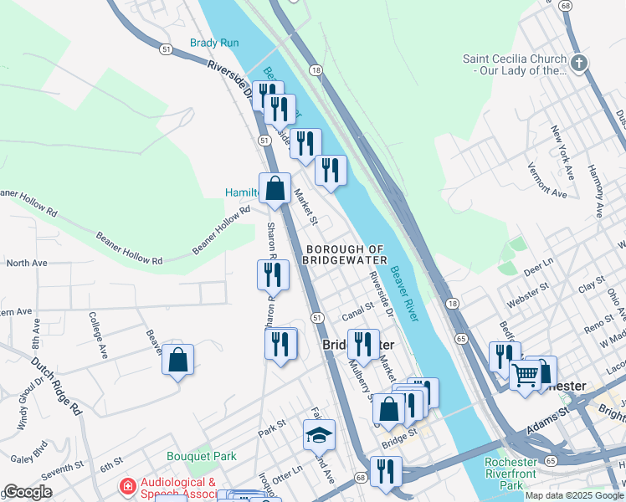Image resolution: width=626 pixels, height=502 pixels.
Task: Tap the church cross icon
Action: (x=579, y=64)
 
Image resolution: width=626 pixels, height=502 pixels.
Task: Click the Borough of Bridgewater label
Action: (x=346, y=254)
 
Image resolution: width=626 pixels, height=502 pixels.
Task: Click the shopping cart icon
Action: (x=526, y=375)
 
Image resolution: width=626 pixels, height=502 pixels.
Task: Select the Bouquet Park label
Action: (x=201, y=456)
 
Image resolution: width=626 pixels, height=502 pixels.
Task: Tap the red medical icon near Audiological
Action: (x=127, y=485)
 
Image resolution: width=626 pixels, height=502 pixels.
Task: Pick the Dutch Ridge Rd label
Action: (x=57, y=387)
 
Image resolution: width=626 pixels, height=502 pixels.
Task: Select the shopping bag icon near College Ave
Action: (x=178, y=361)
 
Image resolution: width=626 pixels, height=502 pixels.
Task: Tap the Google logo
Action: (x=28, y=492)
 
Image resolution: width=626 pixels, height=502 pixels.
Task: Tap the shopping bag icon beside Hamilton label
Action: (x=275, y=189)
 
